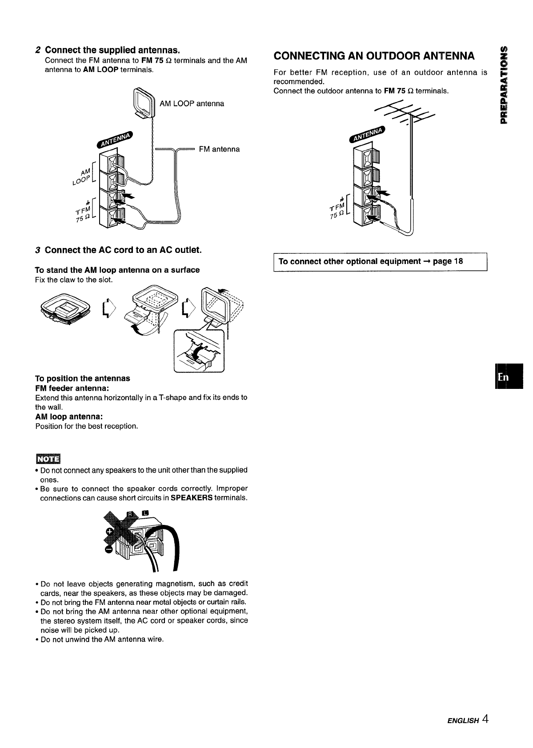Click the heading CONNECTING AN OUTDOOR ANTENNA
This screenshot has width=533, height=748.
[374, 56]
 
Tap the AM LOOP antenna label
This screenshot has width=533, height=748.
[192, 104]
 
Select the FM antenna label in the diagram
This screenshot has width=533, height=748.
[219, 149]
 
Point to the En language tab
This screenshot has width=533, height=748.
[504, 376]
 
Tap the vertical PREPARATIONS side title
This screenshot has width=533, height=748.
[504, 84]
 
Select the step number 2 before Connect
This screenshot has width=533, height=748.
[39, 48]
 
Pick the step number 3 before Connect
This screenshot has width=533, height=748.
[39, 250]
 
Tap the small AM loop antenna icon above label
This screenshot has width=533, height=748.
[143, 104]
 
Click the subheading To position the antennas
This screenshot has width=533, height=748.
[82, 378]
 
